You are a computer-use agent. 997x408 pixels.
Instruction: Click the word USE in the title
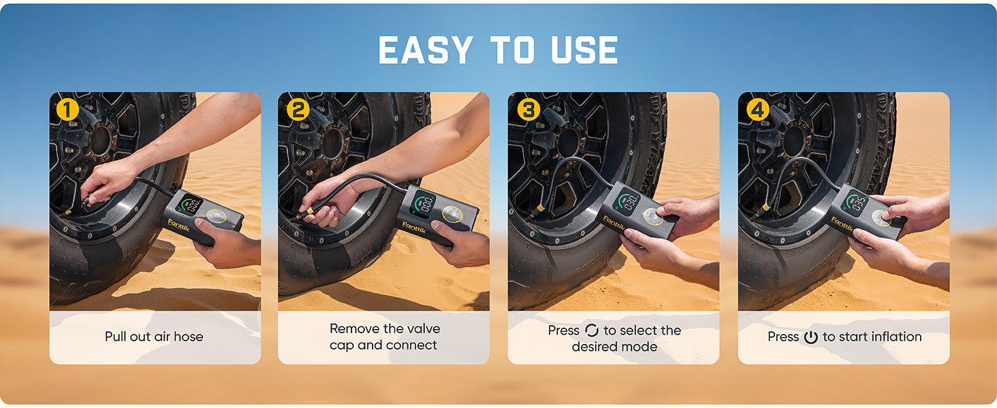(583, 50)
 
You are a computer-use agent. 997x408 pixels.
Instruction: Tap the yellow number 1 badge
(67, 109)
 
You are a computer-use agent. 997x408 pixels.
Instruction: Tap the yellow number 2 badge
(297, 109)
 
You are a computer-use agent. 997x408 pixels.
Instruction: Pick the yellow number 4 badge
(757, 109)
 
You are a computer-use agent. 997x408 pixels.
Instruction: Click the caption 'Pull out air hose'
(154, 337)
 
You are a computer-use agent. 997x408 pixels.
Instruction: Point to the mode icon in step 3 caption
(591, 330)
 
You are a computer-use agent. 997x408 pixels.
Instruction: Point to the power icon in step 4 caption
(810, 337)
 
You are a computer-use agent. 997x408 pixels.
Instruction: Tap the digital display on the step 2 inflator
(424, 202)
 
